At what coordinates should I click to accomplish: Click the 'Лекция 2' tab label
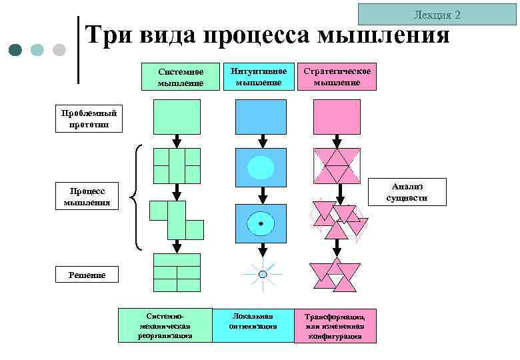click(x=437, y=15)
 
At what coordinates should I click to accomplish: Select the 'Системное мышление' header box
click(x=180, y=77)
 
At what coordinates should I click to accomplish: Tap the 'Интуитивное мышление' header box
click(x=260, y=77)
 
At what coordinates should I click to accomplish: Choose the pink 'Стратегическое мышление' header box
click(x=337, y=77)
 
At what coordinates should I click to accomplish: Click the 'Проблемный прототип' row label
click(x=89, y=119)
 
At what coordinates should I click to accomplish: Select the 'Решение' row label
click(x=87, y=275)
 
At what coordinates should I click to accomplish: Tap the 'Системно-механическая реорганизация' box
click(x=165, y=325)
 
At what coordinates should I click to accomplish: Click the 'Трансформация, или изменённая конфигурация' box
click(x=335, y=326)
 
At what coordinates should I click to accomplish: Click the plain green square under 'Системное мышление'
click(x=177, y=117)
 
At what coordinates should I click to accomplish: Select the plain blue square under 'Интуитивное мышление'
click(x=261, y=117)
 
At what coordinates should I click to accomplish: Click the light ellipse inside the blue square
click(x=261, y=167)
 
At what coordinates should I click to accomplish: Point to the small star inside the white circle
click(x=261, y=223)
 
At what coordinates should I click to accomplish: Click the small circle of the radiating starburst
click(x=263, y=274)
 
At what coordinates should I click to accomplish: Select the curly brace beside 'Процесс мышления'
click(x=136, y=198)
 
